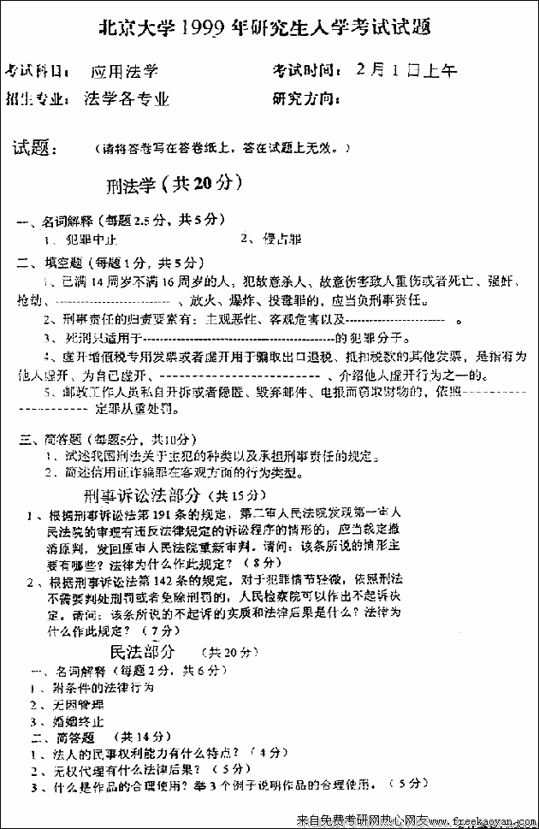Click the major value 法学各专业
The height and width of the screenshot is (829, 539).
pos(127,98)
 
